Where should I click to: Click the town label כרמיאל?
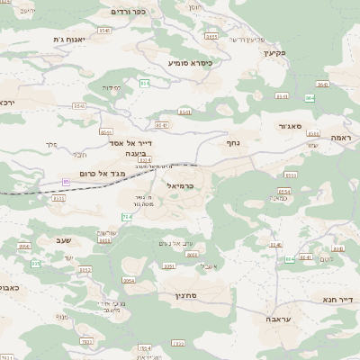(x=181, y=184)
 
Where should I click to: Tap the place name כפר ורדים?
(x=127, y=12)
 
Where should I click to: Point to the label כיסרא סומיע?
(x=190, y=63)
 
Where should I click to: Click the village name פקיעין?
(x=274, y=52)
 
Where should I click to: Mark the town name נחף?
(x=232, y=141)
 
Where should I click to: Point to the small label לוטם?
(x=326, y=259)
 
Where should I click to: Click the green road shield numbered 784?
(x=127, y=217)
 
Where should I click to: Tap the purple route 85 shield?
(x=66, y=182)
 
